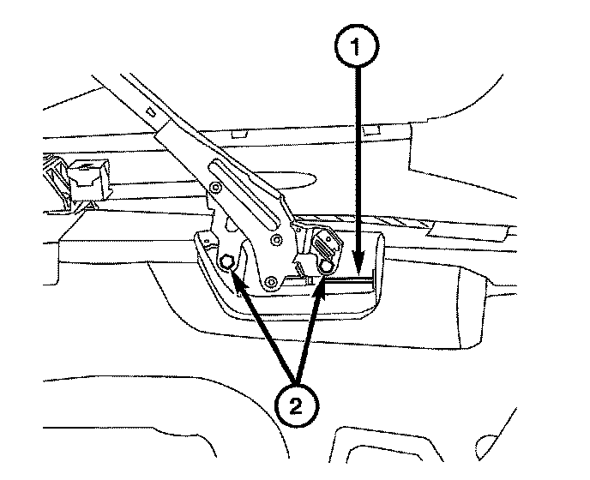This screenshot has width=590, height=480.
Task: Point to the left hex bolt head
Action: pos(228,262)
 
